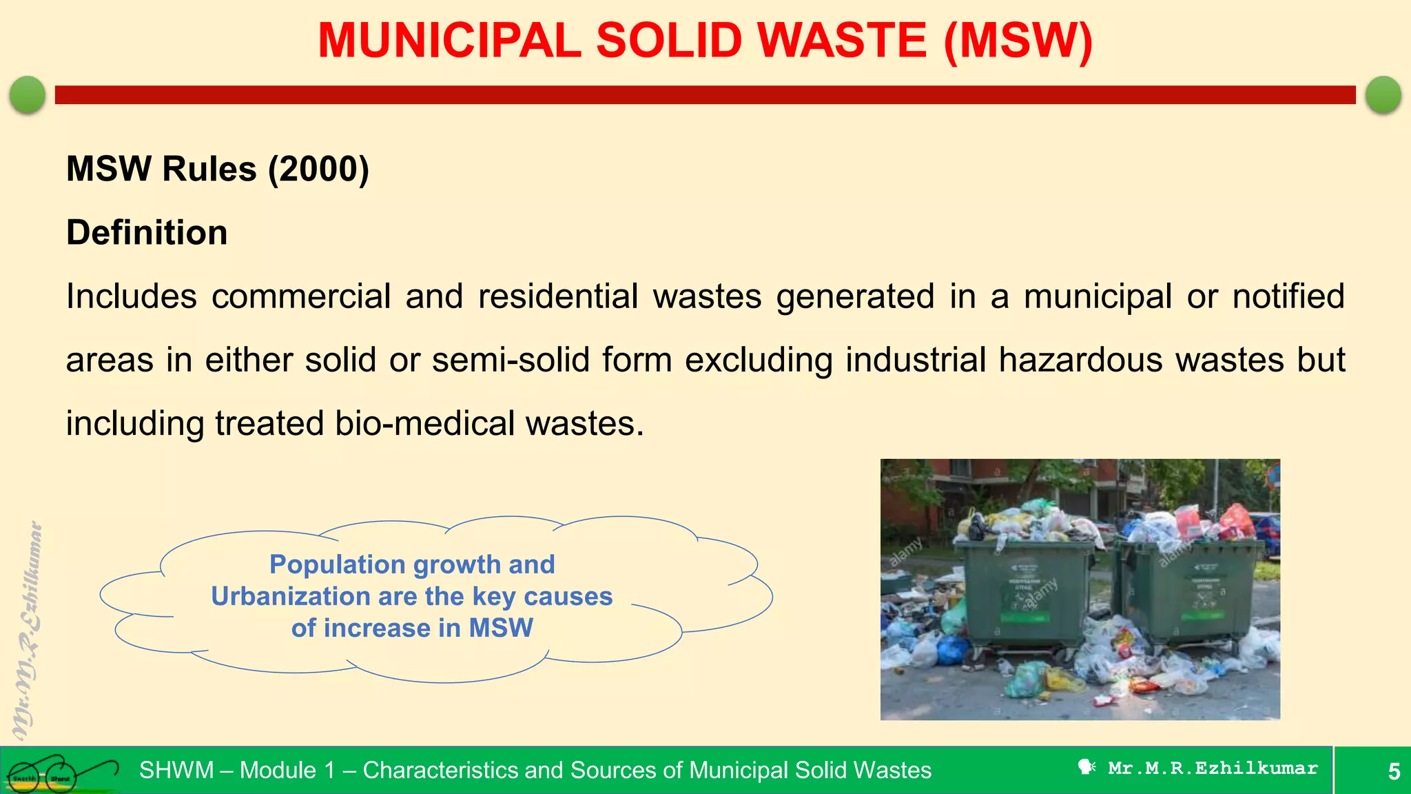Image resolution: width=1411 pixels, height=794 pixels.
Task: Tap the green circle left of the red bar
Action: click(28, 94)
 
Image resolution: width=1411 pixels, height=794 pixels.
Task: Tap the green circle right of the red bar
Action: click(1383, 94)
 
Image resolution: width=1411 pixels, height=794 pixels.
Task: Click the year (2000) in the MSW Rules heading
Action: click(318, 169)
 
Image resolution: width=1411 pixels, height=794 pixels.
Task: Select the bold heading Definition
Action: click(147, 232)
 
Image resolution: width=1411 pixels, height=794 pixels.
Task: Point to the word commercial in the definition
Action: click(301, 296)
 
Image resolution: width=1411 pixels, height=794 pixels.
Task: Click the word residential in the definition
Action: click(558, 296)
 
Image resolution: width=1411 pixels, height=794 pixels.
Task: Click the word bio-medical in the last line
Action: click(424, 423)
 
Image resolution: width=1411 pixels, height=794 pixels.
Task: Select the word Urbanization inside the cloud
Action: click(291, 596)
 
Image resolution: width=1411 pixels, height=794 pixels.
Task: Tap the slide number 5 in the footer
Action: click(1394, 771)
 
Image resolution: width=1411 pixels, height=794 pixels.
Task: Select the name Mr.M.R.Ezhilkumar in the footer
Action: click(1213, 768)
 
